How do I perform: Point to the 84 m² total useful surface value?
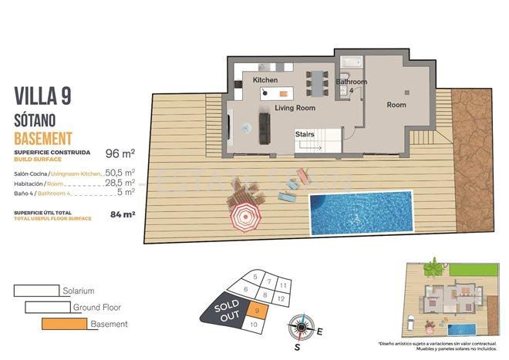click(x=123, y=214)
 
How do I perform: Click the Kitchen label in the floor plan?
click(x=265, y=80)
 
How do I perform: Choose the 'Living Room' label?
click(x=295, y=108)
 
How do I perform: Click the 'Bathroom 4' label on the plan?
click(x=351, y=86)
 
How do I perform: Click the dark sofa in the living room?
click(x=264, y=127)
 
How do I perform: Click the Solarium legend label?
click(x=79, y=291)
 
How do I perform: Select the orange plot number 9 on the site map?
click(x=256, y=310)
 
